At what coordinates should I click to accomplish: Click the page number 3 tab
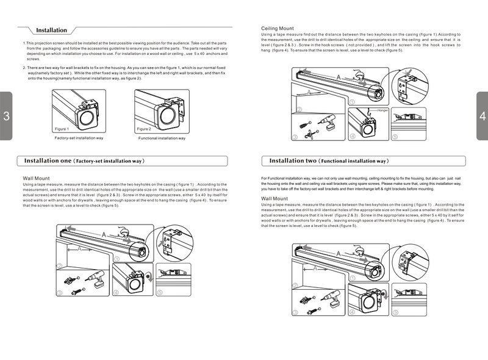pyautogui.click(x=5, y=117)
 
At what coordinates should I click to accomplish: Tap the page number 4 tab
pyautogui.click(x=482, y=117)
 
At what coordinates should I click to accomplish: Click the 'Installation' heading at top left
pyautogui.click(x=51, y=30)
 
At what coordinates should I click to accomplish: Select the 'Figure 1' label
pyautogui.click(x=62, y=129)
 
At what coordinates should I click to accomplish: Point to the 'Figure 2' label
pyautogui.click(x=143, y=129)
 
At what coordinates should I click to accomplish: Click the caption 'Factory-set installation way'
pyautogui.click(x=79, y=139)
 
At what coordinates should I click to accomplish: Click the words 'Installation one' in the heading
pyautogui.click(x=48, y=161)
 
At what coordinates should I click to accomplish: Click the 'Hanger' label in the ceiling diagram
pyautogui.click(x=382, y=110)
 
